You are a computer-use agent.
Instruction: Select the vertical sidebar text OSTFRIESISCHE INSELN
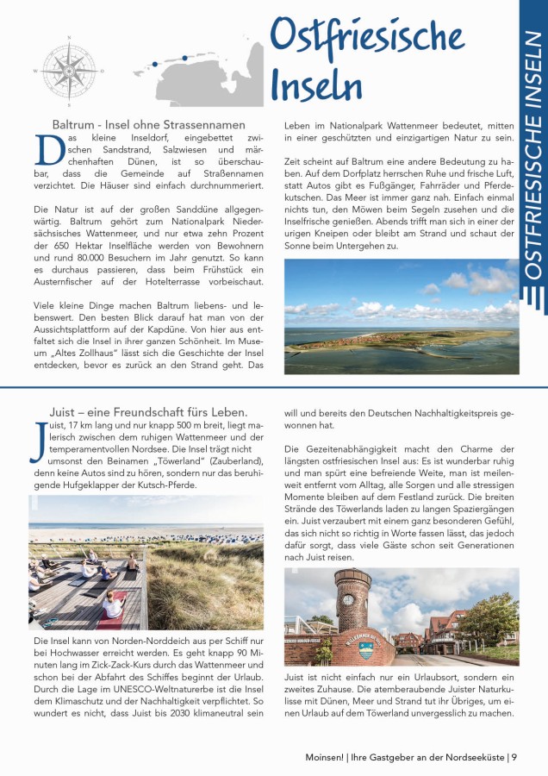[533, 154]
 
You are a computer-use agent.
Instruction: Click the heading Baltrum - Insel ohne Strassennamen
[149, 125]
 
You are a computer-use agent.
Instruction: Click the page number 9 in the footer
[514, 758]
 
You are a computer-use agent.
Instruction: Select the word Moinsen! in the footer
[326, 758]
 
